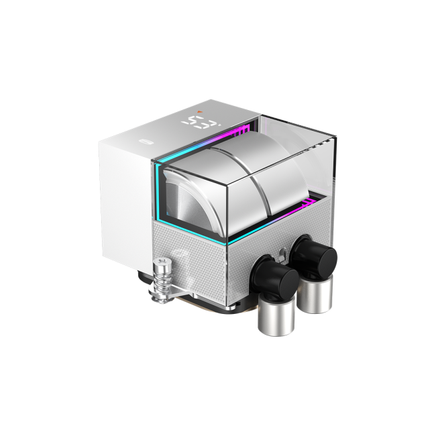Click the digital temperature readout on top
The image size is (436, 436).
pos(202,123)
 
